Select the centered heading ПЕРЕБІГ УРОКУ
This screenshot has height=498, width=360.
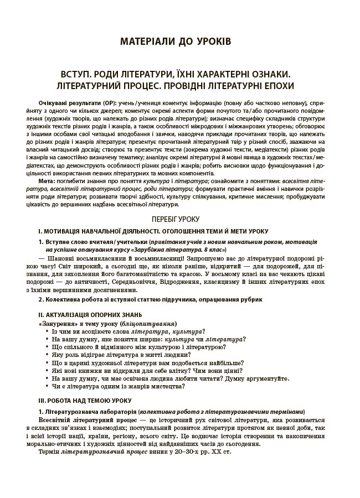(180, 219)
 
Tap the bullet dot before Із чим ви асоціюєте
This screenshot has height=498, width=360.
(45, 331)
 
